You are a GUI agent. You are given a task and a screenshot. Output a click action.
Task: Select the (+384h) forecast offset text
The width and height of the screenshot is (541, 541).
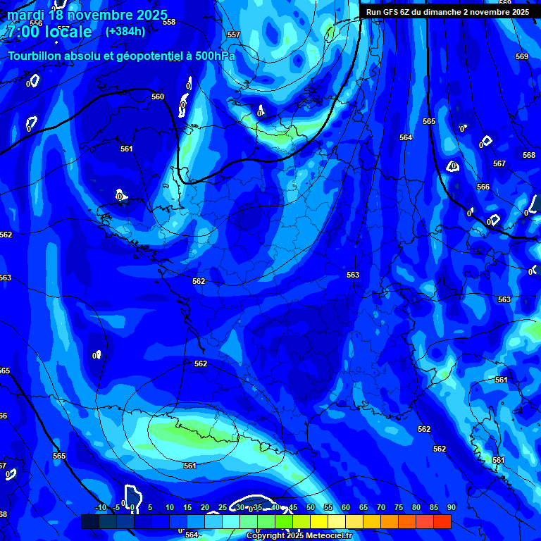(125, 31)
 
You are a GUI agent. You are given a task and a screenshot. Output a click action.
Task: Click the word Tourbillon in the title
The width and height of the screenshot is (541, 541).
(37, 56)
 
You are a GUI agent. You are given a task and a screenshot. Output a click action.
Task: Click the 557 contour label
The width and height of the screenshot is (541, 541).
(234, 35)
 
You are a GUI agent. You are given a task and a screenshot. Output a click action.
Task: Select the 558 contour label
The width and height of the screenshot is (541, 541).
(169, 22)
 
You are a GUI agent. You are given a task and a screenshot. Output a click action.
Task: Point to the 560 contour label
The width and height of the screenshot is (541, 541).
(158, 97)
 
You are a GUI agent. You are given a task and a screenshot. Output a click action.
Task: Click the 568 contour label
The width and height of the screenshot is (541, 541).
(528, 155)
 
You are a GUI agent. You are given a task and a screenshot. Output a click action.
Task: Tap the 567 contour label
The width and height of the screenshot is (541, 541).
(499, 163)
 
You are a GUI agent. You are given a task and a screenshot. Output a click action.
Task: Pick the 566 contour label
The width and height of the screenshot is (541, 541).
(483, 187)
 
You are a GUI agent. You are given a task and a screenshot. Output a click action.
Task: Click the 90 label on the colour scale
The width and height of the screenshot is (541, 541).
(451, 508)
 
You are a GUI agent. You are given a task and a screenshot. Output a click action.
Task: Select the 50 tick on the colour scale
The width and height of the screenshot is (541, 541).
(311, 508)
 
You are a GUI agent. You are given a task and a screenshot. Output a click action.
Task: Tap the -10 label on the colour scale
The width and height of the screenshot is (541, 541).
(101, 508)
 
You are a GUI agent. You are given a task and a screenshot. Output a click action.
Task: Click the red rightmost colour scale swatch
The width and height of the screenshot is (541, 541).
(442, 521)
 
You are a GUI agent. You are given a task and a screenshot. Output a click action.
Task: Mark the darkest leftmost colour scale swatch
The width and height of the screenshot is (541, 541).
(89, 521)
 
